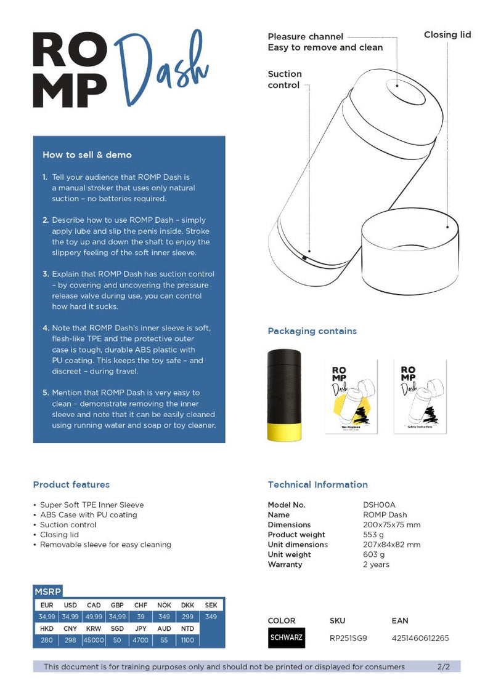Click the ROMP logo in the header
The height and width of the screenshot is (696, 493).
[70, 70]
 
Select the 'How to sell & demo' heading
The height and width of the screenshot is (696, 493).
[87, 155]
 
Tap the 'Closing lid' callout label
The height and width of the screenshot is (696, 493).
[447, 35]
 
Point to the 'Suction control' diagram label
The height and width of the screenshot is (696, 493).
[285, 79]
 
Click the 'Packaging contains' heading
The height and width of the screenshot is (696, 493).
[312, 331]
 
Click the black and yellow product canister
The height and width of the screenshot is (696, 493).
[284, 395]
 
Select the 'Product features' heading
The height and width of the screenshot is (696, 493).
[71, 485]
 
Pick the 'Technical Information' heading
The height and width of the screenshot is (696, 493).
[317, 485]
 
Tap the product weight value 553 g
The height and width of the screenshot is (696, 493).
[374, 535]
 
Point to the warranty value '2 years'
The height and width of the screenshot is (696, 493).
[376, 564]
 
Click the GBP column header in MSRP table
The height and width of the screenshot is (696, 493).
[117, 605]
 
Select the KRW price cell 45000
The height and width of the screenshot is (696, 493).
[94, 640]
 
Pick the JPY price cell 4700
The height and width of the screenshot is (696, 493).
[141, 640]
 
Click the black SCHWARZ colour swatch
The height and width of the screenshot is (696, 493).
[287, 638]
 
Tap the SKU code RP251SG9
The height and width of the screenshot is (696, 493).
[348, 638]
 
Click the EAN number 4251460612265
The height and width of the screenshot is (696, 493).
[420, 638]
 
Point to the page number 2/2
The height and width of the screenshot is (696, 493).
[443, 666]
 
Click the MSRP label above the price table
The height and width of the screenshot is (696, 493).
[47, 592]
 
